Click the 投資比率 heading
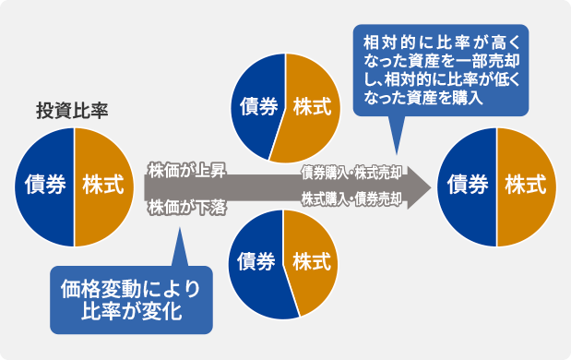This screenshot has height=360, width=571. click(71, 112)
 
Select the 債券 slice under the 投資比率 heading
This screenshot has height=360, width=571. click(44, 185)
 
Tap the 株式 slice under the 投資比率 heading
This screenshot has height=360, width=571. click(102, 185)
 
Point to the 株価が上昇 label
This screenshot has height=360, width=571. click(185, 170)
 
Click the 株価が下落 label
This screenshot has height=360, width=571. click(185, 206)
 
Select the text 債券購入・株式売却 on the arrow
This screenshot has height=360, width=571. click(351, 172)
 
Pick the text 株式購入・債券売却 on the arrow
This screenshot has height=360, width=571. click(351, 198)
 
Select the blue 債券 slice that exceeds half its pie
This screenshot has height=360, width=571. click(257, 263)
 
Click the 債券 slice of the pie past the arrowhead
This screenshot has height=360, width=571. click(468, 186)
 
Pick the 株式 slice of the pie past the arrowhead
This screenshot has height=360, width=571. click(525, 186)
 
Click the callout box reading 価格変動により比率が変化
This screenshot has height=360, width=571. click(131, 299)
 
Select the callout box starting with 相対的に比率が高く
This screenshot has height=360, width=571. click(441, 70)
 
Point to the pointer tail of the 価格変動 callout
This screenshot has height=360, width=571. click(177, 249)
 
